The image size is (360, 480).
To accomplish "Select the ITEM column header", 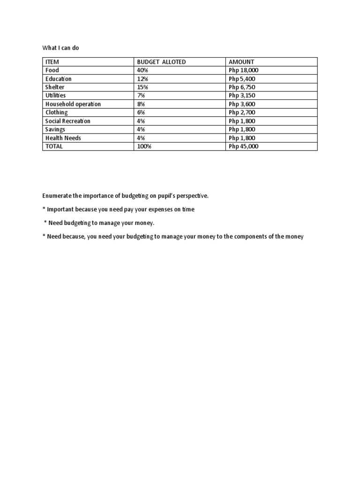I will coord(52,62).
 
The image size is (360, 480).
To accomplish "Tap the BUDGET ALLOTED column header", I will coord(161,62).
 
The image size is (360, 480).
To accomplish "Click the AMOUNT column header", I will coord(241,62).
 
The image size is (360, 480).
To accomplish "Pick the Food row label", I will coord(52,70).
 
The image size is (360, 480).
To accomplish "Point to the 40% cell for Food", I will coord(142,70).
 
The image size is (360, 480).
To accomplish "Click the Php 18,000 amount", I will coord(243,70).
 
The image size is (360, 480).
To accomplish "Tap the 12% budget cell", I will coord(142,79).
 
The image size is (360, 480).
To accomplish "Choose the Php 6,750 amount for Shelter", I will coord(242,87).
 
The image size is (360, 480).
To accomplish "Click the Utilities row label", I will coord(56,96).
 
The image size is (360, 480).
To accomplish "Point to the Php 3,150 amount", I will coord(242,96).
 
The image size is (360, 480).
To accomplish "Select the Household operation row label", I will coord(73,104).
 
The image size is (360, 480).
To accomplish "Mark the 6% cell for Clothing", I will coord(141,112).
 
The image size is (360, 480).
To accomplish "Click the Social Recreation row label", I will coord(67,121).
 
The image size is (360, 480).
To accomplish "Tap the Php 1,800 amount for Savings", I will coord(242,129).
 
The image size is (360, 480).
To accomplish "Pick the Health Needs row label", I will coord(63,138).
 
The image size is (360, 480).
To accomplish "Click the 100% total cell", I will coord(144,146).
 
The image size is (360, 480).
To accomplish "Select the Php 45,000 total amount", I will coord(243,146).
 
